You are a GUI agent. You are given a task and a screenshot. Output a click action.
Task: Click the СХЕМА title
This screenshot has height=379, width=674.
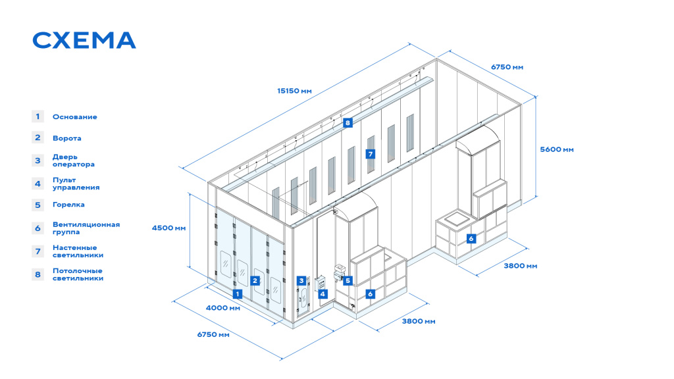[x=84, y=40]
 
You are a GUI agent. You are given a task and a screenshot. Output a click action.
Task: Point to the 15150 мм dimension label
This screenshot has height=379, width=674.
[x=294, y=91]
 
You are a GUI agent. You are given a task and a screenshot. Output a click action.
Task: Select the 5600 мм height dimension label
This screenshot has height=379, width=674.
[x=557, y=149]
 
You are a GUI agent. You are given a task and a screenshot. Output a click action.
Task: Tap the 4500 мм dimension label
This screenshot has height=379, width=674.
[x=169, y=228]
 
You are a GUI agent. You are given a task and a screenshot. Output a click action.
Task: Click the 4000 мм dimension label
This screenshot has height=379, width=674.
[x=223, y=308]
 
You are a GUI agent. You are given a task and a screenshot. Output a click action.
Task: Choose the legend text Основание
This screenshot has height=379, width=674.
[x=75, y=117]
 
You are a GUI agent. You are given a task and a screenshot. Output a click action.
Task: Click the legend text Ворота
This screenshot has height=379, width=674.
[x=66, y=138]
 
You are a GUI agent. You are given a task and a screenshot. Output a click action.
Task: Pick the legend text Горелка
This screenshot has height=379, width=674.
[x=68, y=205]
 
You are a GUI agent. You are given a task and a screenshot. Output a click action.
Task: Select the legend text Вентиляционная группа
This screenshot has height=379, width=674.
[x=86, y=228]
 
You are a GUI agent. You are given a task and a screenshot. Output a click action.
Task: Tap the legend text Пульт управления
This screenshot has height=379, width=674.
[x=76, y=184]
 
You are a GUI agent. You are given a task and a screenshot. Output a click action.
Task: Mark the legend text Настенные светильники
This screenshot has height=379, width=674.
[x=78, y=251]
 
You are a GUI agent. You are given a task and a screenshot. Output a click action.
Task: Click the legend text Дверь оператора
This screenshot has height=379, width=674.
[x=74, y=161]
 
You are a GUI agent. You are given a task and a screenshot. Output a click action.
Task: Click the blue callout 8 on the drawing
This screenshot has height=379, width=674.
[x=348, y=123]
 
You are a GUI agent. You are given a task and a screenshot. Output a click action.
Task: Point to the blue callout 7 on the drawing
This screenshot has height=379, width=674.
[x=370, y=154]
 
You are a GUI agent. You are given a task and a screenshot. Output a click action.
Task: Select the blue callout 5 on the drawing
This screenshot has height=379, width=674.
[x=348, y=280]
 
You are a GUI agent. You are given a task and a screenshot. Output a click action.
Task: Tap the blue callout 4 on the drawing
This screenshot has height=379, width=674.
[x=323, y=294]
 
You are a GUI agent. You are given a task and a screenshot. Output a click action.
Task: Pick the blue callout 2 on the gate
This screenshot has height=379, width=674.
[x=255, y=280]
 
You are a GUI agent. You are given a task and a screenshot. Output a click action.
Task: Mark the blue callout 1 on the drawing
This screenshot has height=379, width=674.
[x=237, y=294]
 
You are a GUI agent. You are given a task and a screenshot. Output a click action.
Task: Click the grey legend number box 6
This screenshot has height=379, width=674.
[x=38, y=228]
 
